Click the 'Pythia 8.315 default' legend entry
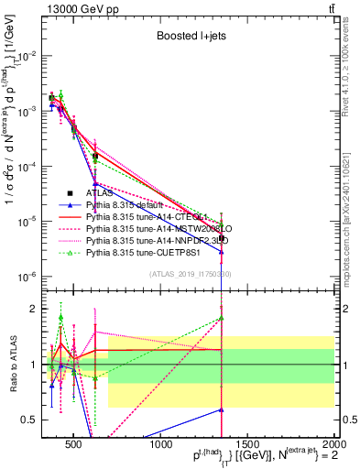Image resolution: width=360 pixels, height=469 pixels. click(x=127, y=205)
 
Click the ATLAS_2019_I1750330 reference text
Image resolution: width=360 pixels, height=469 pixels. click(x=190, y=274)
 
